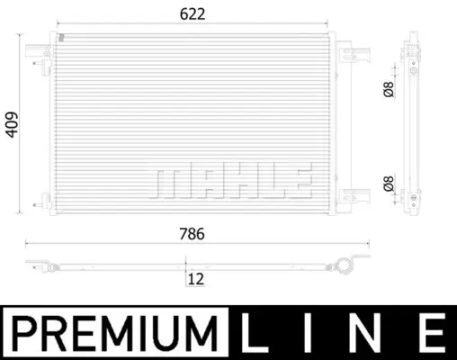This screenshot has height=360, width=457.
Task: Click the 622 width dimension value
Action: pos(193,14)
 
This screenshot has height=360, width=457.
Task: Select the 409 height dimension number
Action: pos(12,125)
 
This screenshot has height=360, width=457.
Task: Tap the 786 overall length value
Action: pos(192,234)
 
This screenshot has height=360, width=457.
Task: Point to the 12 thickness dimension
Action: pos(196,279)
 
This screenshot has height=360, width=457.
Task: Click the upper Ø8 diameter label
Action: pos(389,89)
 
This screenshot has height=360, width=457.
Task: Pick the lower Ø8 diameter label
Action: pos(389,184)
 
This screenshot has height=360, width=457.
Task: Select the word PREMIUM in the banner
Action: pos(114,333)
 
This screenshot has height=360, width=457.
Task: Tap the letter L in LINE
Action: pos(255,333)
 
